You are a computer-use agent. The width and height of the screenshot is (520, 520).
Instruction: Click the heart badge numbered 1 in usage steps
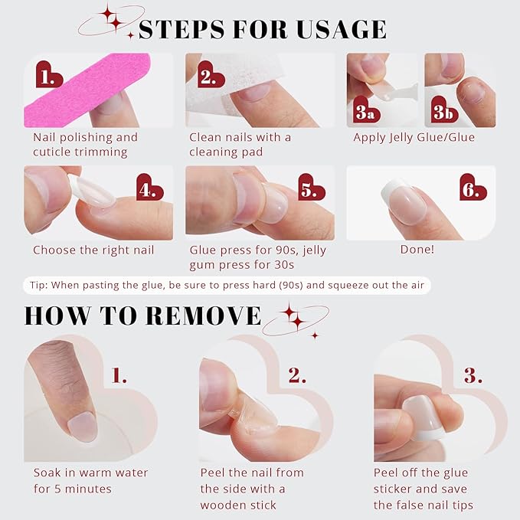coord(49,77)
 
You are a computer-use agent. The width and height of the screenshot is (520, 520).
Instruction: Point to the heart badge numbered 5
coord(310,188)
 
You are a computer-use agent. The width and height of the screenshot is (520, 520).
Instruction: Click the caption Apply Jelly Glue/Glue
coord(414,138)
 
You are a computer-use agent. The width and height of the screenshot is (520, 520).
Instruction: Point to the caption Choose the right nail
coord(93,250)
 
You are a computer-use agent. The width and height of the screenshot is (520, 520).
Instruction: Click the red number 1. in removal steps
coord(119,375)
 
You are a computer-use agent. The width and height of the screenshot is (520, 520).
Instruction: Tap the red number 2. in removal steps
coord(297,375)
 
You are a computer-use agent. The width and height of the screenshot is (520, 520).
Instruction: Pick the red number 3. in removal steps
coord(473,375)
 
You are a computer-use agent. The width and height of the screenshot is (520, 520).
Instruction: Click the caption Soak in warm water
coord(90,473)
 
